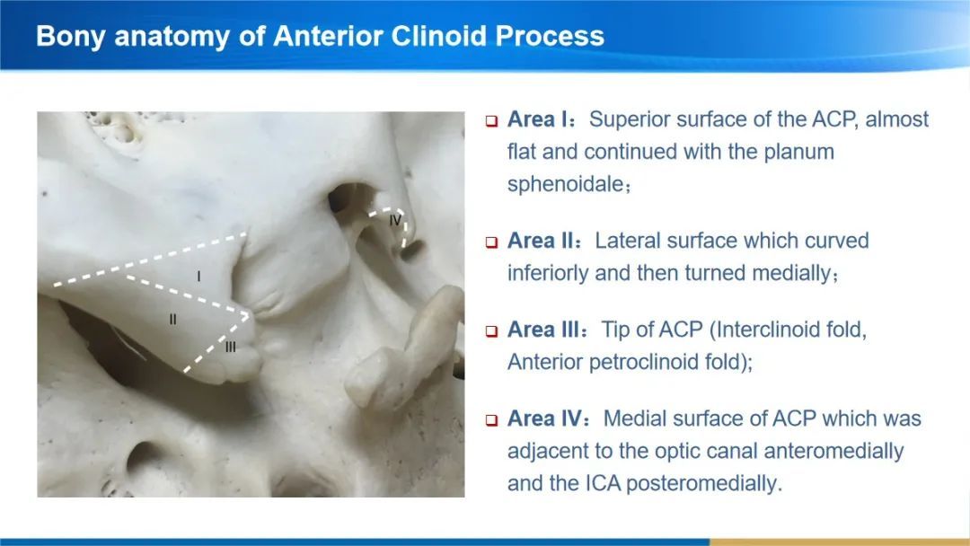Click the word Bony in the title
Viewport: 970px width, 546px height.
(71, 37)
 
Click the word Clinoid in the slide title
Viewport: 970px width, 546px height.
(439, 35)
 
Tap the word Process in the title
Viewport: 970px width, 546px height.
(550, 35)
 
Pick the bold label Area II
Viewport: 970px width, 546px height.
(544, 241)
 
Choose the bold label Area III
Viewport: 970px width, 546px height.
(547, 330)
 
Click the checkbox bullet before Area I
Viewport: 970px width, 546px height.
(492, 120)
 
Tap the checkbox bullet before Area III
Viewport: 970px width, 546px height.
(492, 330)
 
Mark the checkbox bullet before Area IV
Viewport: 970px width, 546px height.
(492, 420)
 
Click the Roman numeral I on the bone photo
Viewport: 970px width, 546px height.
(198, 276)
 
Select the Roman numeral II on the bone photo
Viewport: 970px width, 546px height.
(172, 320)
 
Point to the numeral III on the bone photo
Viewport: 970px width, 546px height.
(231, 347)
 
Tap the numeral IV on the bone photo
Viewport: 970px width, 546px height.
(395, 219)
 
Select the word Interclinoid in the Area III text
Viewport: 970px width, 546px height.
(765, 330)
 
